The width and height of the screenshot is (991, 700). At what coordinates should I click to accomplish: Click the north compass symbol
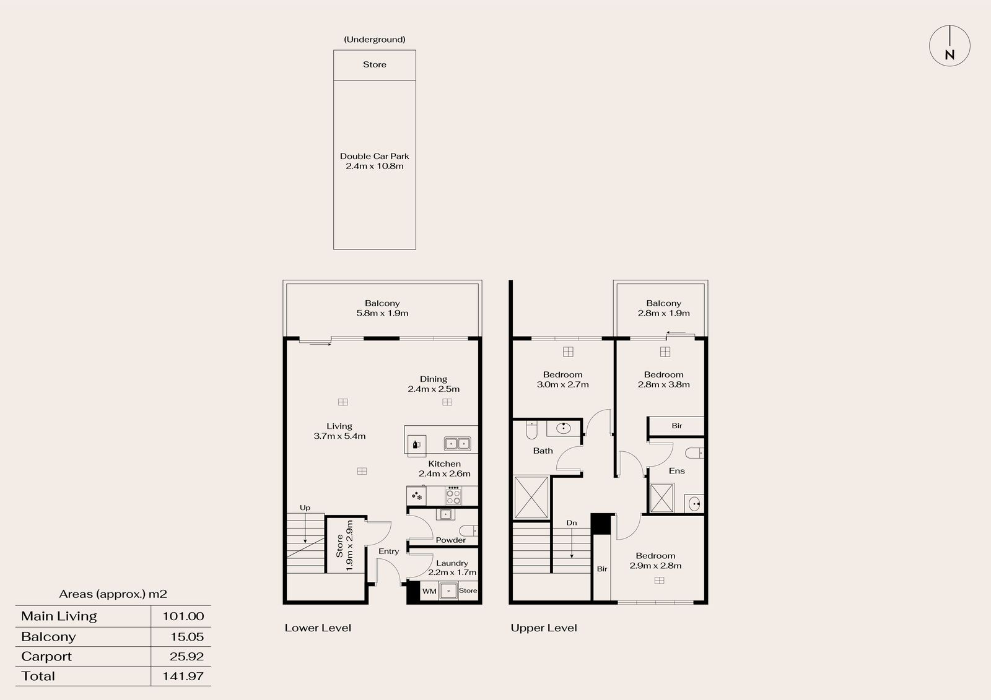pyautogui.click(x=950, y=46)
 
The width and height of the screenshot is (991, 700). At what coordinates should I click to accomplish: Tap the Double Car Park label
pyautogui.click(x=374, y=156)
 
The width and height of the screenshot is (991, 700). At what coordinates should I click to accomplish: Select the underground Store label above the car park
pyautogui.click(x=374, y=64)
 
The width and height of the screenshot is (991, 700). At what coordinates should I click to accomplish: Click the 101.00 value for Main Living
pyautogui.click(x=183, y=616)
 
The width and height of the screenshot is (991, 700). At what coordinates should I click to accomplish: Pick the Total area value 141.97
pyautogui.click(x=183, y=676)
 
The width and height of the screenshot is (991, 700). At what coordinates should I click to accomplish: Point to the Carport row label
pyautogui.click(x=46, y=657)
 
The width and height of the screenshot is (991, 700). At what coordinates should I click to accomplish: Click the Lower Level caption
pyautogui.click(x=318, y=628)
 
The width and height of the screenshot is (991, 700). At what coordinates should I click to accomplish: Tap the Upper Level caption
pyautogui.click(x=544, y=628)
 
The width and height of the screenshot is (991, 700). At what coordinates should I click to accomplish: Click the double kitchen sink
pyautogui.click(x=458, y=443)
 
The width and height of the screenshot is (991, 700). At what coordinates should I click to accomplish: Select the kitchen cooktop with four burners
pyautogui.click(x=453, y=495)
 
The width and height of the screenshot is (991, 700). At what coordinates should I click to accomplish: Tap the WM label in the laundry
pyautogui.click(x=429, y=591)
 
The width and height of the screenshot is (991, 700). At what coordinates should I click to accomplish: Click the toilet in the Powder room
pyautogui.click(x=468, y=530)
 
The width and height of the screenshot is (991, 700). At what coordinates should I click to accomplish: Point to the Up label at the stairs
pyautogui.click(x=305, y=508)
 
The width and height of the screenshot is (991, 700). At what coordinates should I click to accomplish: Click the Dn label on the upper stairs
pyautogui.click(x=572, y=522)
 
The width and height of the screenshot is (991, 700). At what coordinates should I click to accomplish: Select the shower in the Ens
pyautogui.click(x=662, y=498)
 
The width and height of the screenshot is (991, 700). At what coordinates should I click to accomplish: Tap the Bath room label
pyautogui.click(x=543, y=451)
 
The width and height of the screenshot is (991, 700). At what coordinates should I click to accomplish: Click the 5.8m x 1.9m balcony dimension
pyautogui.click(x=382, y=313)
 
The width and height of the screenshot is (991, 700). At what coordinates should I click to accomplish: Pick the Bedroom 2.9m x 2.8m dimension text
pyautogui.click(x=655, y=566)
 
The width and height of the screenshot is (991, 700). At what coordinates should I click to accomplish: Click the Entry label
pyautogui.click(x=388, y=551)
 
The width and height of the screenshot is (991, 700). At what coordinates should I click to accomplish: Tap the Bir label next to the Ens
pyautogui.click(x=677, y=426)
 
